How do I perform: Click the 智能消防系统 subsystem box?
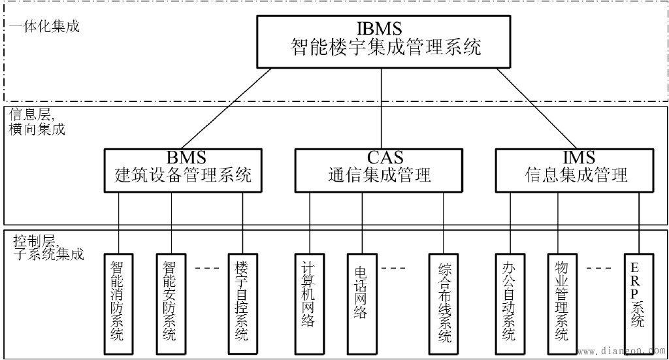point(118,301)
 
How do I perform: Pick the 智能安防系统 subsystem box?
point(170,301)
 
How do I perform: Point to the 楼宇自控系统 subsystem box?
point(241,301)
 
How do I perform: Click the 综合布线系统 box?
point(445,301)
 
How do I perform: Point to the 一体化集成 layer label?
point(44,27)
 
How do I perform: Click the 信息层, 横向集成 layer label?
point(37,121)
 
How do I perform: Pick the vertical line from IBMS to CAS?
point(383,108)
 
